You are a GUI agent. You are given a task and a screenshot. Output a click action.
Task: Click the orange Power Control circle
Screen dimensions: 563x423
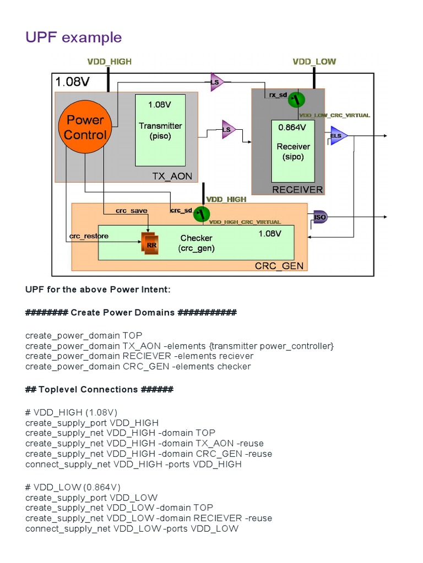pos(85,128)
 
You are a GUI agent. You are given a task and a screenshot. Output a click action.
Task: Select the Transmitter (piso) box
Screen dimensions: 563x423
pos(160,130)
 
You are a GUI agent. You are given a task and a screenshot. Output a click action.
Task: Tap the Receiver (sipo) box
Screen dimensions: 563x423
pos(293,151)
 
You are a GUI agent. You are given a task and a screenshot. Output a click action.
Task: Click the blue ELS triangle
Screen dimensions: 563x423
pos(337,135)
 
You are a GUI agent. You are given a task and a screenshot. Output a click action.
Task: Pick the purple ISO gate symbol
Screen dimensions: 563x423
pos(319,217)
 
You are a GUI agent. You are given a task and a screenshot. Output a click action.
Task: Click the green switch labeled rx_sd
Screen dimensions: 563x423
pos(296,100)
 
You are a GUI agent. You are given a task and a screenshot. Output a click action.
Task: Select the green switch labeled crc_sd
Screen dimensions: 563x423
pos(202,213)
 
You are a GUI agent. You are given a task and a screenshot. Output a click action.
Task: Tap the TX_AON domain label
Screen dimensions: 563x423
pos(172,176)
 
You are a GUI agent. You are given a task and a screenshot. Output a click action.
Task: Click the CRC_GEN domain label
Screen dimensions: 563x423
pos(279,266)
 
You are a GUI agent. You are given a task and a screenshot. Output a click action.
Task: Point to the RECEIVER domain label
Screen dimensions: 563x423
pos(297,190)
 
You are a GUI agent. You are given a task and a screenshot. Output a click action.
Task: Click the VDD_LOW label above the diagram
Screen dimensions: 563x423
pos(314,62)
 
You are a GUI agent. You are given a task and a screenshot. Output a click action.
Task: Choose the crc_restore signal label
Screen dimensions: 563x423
pos(89,236)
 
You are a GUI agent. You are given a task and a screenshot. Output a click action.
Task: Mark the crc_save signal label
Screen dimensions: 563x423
pos(131,211)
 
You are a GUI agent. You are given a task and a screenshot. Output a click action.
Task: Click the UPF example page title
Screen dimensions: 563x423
pos(73,37)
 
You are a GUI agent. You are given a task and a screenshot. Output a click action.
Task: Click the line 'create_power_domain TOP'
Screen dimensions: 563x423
pos(84,335)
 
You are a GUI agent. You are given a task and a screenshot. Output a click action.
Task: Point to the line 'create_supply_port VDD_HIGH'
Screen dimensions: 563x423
pos(92,422)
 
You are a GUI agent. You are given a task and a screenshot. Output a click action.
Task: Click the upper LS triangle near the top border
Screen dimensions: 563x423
pos(216,83)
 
